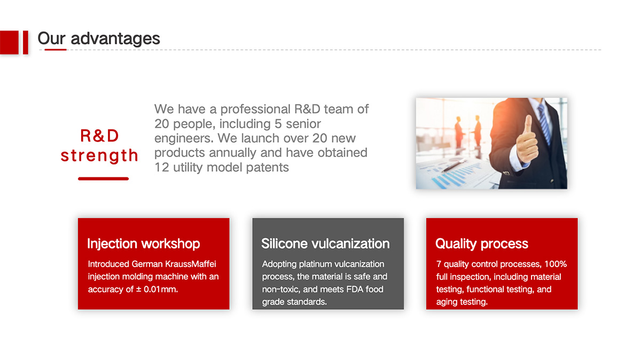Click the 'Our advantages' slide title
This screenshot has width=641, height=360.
99,38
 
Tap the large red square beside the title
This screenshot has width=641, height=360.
9,42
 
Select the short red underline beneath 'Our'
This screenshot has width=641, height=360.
56,50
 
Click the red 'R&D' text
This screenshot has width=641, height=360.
99,136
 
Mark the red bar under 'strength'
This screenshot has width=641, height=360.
103,178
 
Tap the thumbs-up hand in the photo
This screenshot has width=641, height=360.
527,139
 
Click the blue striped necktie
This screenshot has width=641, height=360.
544,123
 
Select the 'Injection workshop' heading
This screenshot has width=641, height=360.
143,244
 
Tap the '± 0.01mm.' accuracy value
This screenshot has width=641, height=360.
157,289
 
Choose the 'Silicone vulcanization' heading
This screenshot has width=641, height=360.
325,244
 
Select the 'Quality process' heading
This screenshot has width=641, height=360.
482,244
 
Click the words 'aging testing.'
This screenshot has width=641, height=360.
462,302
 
